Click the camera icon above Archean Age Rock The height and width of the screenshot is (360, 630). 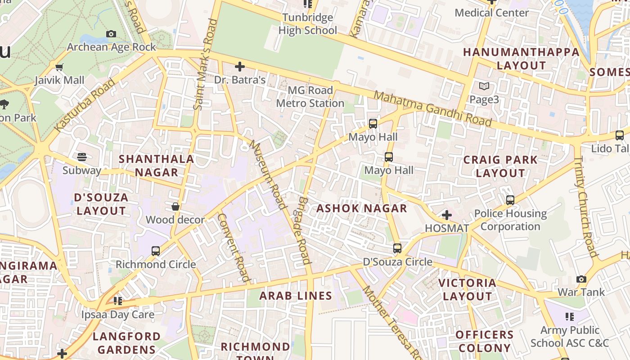(x=111, y=34)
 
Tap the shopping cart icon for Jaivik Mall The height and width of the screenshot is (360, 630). (x=59, y=67)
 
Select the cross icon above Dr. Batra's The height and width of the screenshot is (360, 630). (x=240, y=67)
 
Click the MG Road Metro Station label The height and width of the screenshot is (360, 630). (x=310, y=97)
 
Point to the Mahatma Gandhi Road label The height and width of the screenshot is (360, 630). (x=432, y=108)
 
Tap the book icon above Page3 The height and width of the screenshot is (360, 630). (x=484, y=86)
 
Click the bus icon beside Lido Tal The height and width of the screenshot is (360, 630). (x=619, y=135)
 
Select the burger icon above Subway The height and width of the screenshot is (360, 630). (x=82, y=157)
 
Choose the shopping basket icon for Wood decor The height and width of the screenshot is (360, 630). (x=175, y=207)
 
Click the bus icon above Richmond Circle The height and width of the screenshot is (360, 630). (x=156, y=251)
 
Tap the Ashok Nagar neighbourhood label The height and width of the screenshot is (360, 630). (x=362, y=208)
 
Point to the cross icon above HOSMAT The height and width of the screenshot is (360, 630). (x=446, y=215)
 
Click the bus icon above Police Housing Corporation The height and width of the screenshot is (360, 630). (x=510, y=200)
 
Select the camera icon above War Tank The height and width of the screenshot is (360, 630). (x=581, y=279)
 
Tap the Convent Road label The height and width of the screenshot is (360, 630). (x=234, y=247)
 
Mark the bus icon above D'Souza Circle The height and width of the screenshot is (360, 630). (x=397, y=248)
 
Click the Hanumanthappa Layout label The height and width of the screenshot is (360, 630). (x=521, y=58)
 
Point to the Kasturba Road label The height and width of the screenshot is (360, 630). (x=85, y=105)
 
